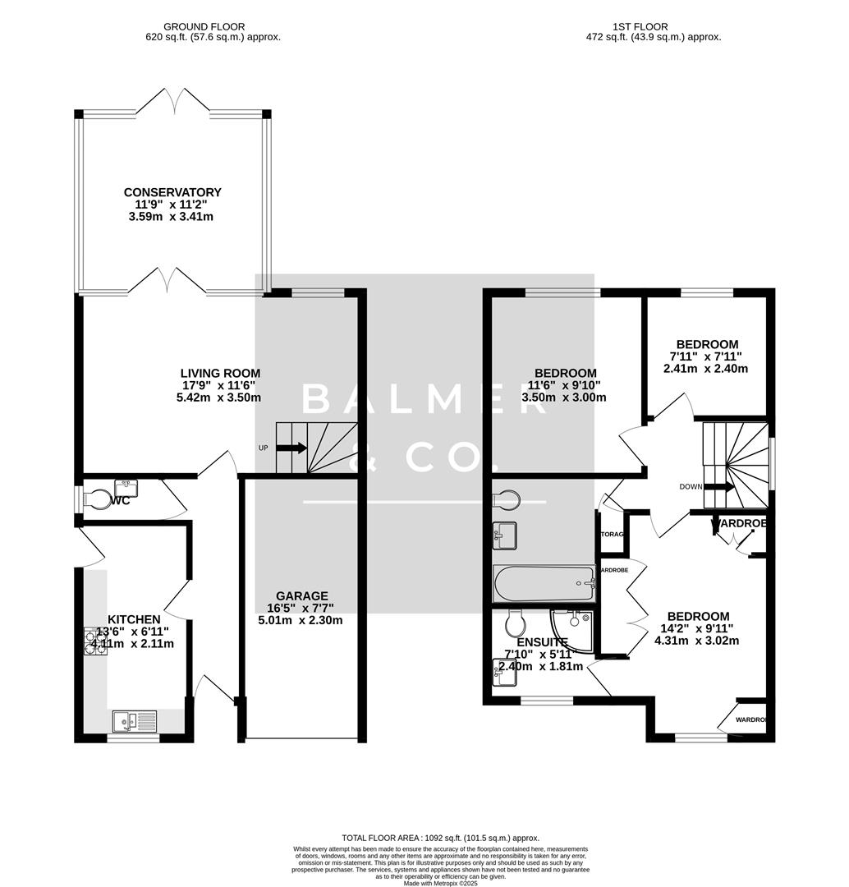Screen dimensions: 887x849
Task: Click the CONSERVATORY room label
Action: pos(172,192)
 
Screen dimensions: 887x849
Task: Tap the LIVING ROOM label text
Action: pos(220,373)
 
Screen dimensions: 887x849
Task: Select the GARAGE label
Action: pos(301,595)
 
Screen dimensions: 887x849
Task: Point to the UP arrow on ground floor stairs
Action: pos(291,448)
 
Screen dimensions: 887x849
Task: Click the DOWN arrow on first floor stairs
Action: pos(720,486)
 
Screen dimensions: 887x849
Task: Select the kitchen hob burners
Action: pos(92,641)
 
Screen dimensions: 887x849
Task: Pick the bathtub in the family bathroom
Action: pos(543,583)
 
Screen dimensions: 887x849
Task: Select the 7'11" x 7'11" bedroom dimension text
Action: pos(706,356)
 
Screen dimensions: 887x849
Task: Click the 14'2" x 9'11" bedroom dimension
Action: pos(697,628)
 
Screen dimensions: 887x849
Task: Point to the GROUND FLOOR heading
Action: pos(204,26)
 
